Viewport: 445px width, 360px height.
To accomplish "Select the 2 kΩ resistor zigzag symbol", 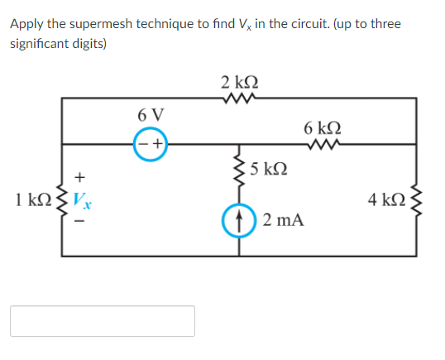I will click(x=241, y=100).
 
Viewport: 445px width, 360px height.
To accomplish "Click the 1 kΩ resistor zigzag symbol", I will click(x=63, y=199).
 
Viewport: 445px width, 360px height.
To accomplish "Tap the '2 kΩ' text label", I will click(x=240, y=82).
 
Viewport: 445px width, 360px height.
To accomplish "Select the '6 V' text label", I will click(x=151, y=113).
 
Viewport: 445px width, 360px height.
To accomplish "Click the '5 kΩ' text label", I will click(x=269, y=170).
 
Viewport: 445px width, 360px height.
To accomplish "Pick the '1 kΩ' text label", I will click(x=32, y=199).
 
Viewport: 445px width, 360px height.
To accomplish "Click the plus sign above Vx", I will click(x=80, y=176).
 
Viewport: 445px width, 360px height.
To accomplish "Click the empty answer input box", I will click(x=103, y=321).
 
